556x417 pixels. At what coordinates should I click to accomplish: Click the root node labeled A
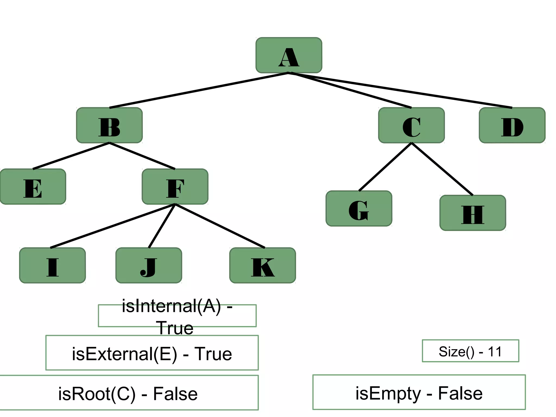(x=289, y=55)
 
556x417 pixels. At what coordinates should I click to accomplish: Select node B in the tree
(x=109, y=125)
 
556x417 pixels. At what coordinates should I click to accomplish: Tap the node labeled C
(x=411, y=125)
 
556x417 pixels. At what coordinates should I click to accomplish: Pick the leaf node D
(x=512, y=125)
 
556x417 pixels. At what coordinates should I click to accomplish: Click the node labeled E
(x=33, y=187)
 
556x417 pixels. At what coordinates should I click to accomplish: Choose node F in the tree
(x=175, y=187)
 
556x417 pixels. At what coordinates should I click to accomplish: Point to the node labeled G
(x=359, y=208)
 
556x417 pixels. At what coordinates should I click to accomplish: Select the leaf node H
(x=473, y=213)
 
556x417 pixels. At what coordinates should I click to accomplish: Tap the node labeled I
(x=52, y=265)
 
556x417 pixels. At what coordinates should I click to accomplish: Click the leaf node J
(x=149, y=265)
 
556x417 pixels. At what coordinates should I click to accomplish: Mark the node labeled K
(x=263, y=265)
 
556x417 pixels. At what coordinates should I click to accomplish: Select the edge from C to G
(x=385, y=167)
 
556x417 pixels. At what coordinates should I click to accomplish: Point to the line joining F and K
(x=220, y=226)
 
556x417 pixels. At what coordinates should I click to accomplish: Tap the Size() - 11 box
(x=470, y=351)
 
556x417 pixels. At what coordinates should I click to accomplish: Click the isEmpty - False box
(x=419, y=392)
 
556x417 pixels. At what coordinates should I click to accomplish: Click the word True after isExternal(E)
(x=213, y=354)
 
